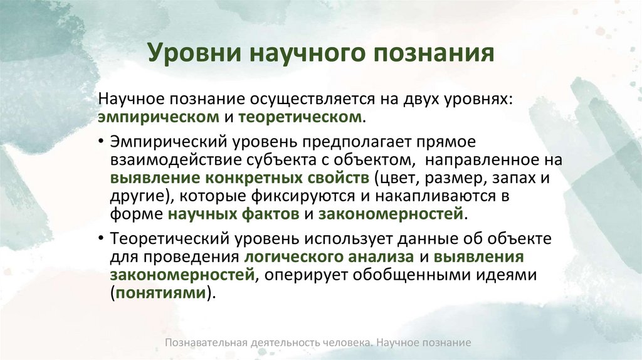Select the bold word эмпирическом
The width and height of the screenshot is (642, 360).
click(x=157, y=117)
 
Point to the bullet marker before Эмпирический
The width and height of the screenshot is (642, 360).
click(x=101, y=141)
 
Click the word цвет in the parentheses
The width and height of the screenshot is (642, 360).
click(x=397, y=177)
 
